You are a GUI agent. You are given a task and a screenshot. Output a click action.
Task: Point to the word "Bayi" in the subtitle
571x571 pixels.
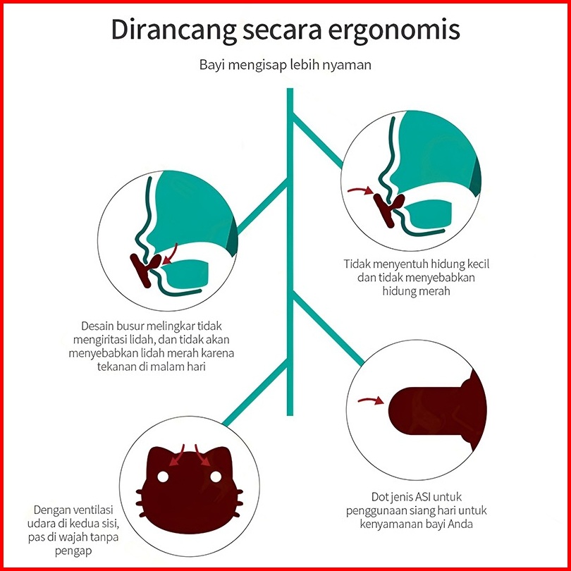click(212, 66)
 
